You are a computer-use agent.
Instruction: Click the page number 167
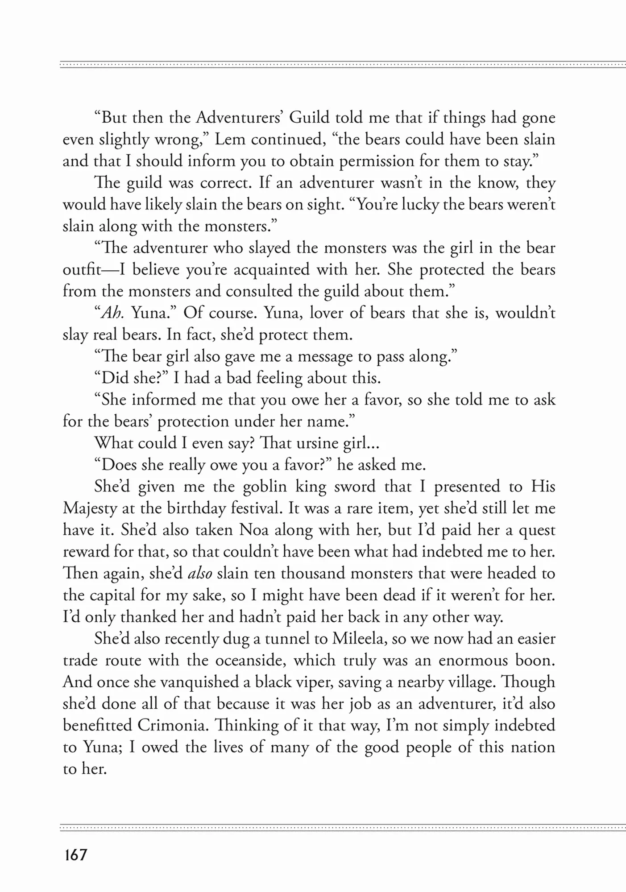[75, 855]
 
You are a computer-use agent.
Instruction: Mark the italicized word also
[199, 573]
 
